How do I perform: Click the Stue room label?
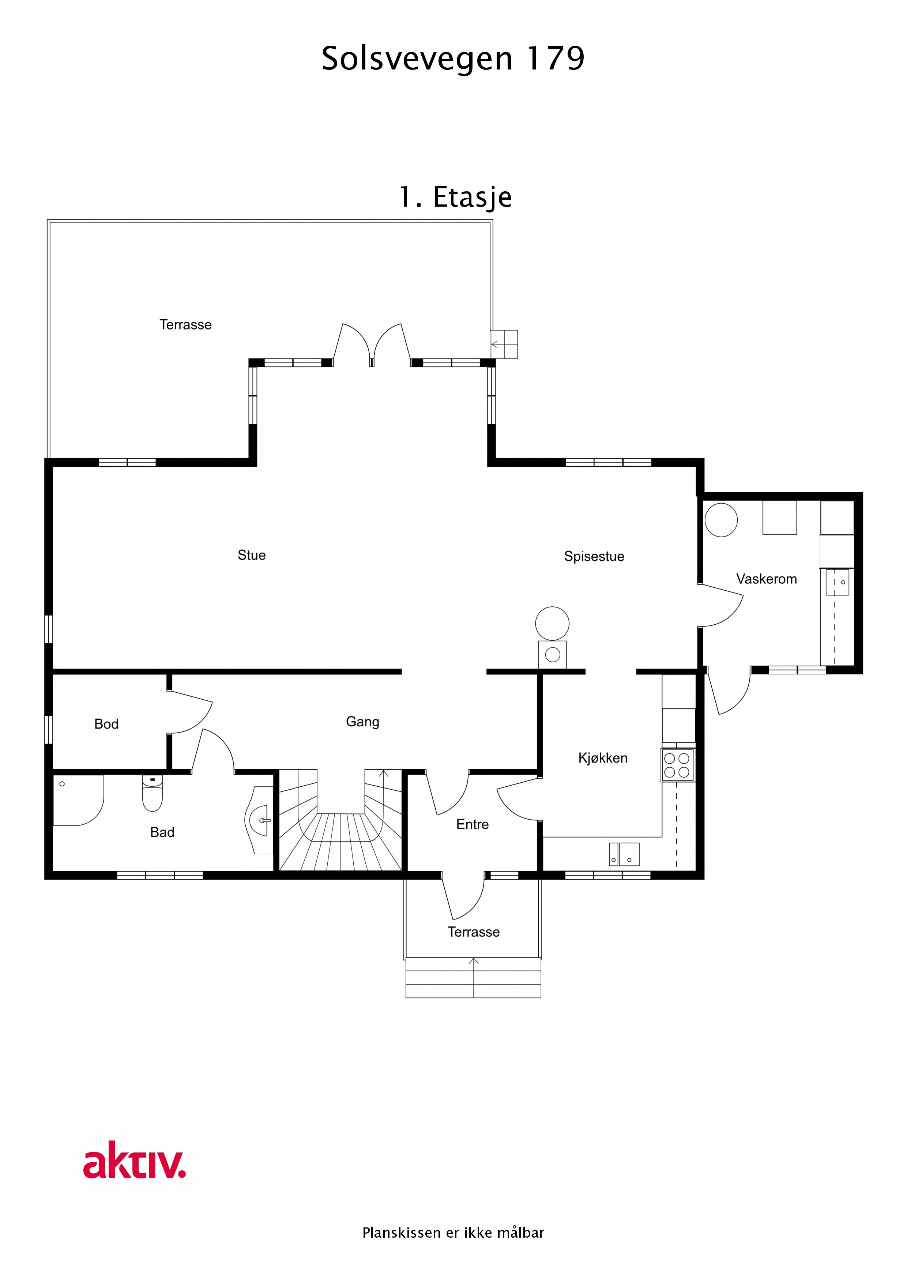point(252,555)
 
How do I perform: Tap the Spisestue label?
point(594,557)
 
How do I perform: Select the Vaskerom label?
point(766,579)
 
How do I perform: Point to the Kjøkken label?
point(602,758)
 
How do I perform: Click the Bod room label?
point(106,724)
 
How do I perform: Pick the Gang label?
point(362,721)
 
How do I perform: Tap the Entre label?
point(472,824)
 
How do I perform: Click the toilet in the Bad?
point(152,793)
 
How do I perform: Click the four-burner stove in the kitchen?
point(677,765)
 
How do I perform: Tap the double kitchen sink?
point(624,854)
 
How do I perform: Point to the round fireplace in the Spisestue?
point(552,623)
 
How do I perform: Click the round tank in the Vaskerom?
point(721,520)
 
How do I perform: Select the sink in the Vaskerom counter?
point(837,582)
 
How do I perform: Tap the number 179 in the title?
point(556,58)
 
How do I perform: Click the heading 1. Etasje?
point(455,197)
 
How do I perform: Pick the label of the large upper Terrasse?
point(185,325)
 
